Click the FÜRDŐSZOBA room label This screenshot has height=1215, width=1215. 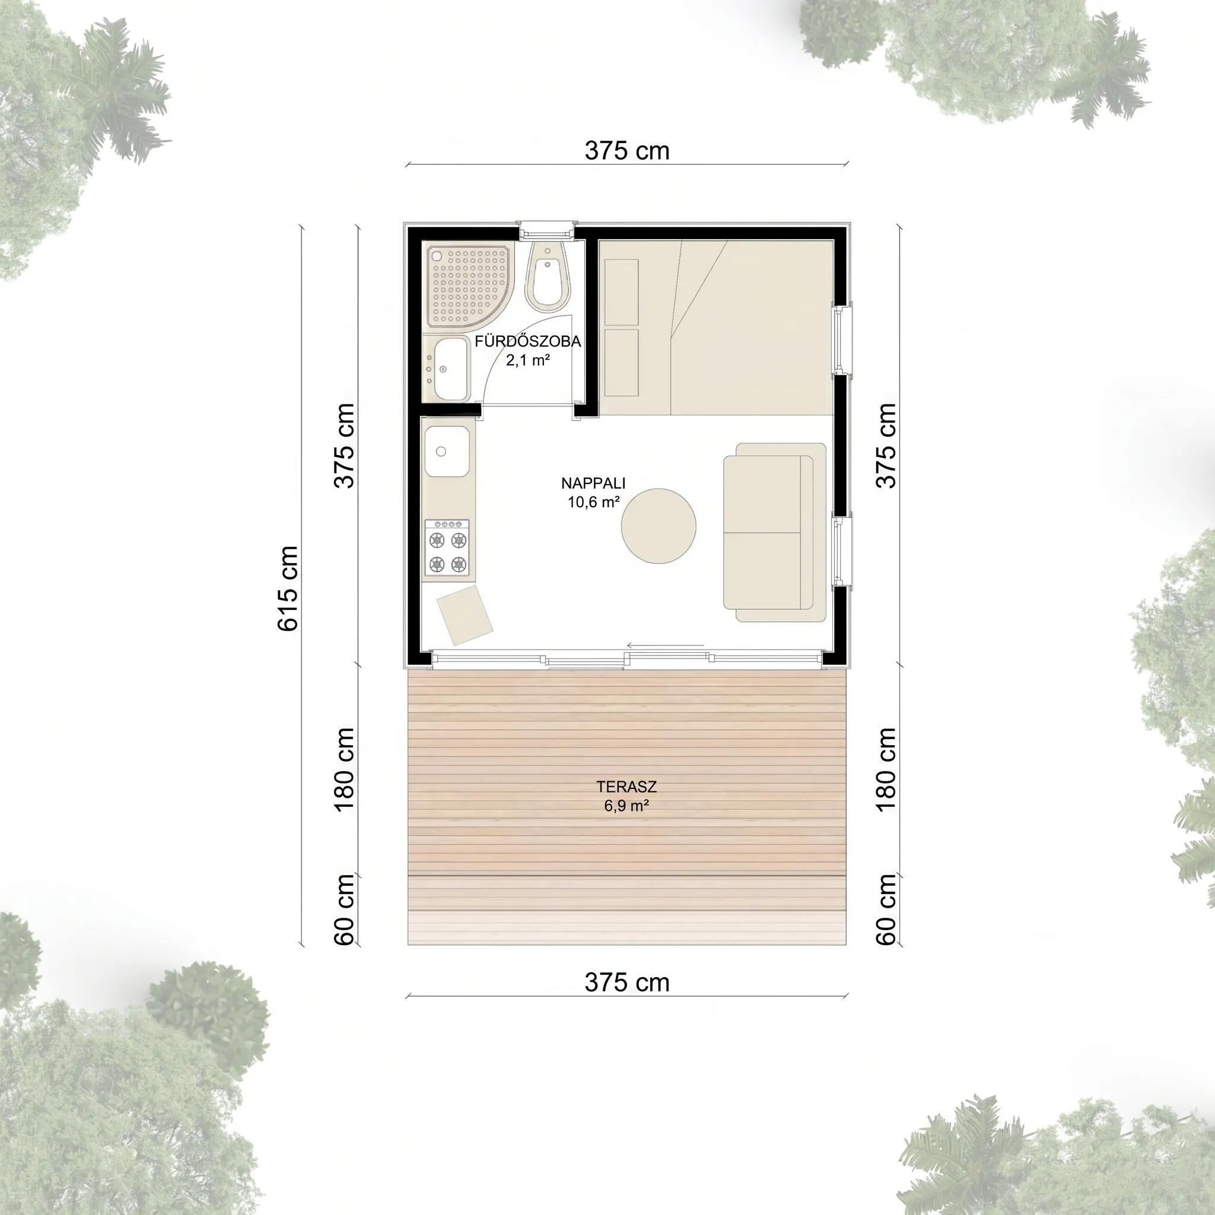tap(527, 342)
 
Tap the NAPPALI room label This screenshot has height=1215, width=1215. tap(593, 483)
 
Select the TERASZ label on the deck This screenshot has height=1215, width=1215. tap(626, 786)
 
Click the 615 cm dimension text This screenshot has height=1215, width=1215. tap(287, 588)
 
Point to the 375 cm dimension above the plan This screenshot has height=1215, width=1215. tap(627, 150)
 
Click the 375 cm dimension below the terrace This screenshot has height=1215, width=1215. tap(627, 982)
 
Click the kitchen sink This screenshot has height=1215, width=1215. tap(447, 451)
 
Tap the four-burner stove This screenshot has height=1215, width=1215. tap(447, 547)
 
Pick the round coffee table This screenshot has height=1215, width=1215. tap(659, 526)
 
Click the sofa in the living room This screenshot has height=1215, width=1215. tap(774, 533)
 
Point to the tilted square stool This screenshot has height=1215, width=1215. tap(465, 615)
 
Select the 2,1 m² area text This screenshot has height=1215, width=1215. tap(528, 360)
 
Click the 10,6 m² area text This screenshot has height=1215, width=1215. tap(594, 502)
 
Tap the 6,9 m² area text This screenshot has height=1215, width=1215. tap(626, 805)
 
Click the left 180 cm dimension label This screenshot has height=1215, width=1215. tap(345, 769)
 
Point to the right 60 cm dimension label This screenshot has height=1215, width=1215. tap(886, 909)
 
